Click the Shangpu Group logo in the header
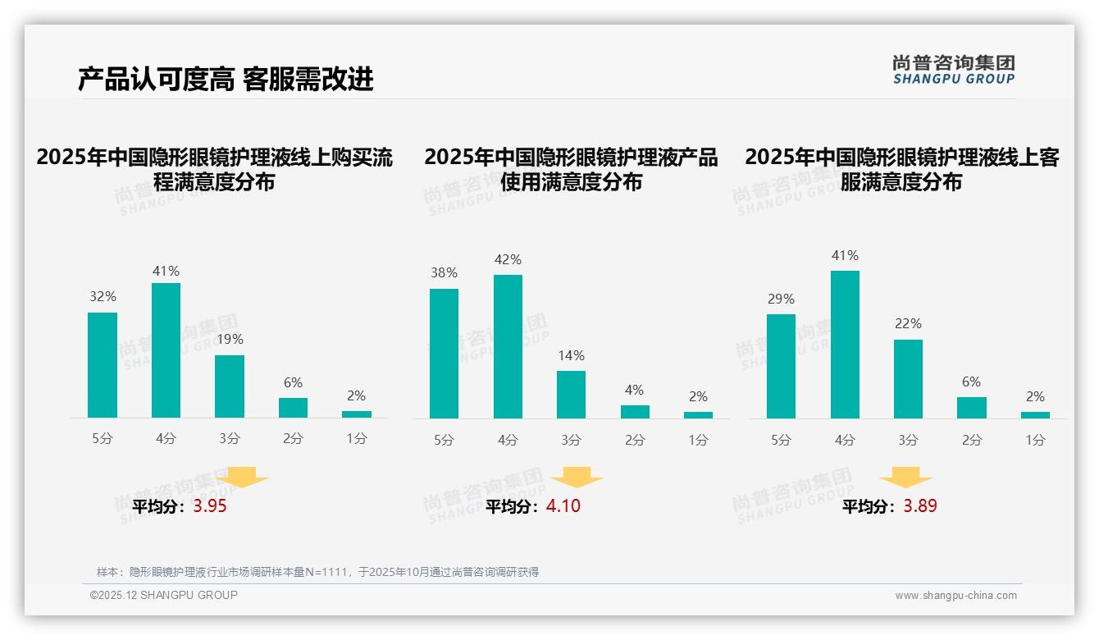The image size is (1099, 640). point(953,70)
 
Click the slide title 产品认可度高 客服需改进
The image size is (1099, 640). point(226,79)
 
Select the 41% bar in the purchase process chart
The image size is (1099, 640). point(166,350)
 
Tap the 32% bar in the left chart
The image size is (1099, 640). point(103,365)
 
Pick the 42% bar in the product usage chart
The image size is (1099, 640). point(508,346)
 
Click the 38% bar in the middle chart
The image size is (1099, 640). point(444,354)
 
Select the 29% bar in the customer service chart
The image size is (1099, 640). point(781,366)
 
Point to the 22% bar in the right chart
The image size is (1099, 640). point(908,379)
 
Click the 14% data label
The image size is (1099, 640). point(571,355)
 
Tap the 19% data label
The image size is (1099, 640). point(230,339)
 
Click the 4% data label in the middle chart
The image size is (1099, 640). point(634,390)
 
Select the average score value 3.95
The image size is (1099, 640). point(210,506)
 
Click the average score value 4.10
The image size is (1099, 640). point(563,506)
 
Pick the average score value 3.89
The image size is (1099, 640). point(920,506)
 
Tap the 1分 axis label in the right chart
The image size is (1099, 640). point(1035,440)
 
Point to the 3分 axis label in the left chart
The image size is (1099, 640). point(230,439)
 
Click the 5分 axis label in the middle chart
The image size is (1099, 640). point(444,440)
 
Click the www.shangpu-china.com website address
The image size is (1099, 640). point(955,596)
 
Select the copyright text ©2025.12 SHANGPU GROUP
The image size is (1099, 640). point(164,595)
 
